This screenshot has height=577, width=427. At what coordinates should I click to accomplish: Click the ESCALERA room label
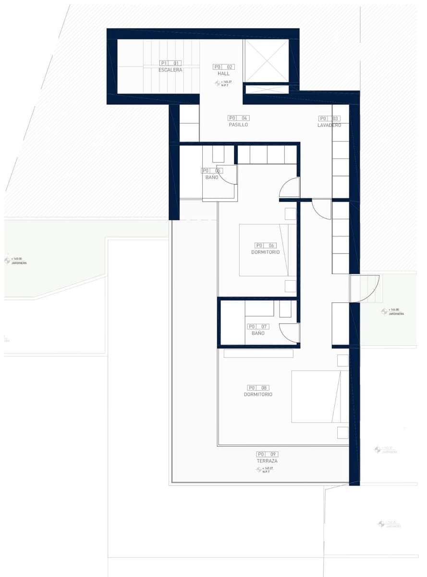(x=170, y=70)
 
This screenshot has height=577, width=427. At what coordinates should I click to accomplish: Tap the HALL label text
(x=223, y=74)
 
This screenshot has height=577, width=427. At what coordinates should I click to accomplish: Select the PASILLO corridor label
(x=238, y=125)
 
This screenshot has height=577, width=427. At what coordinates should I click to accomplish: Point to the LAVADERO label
(x=329, y=125)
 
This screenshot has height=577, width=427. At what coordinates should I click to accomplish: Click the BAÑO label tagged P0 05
(x=211, y=177)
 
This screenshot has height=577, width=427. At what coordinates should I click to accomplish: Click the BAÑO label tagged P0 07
(x=258, y=333)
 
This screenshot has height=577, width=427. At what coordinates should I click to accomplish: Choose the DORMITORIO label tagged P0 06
(x=265, y=252)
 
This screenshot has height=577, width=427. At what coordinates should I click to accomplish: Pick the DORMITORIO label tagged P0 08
(x=258, y=394)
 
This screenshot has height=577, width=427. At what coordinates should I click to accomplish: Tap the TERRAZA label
(x=267, y=461)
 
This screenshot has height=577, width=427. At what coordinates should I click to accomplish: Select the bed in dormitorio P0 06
(x=268, y=250)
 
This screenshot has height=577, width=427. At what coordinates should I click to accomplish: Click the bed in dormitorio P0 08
(x=319, y=396)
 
